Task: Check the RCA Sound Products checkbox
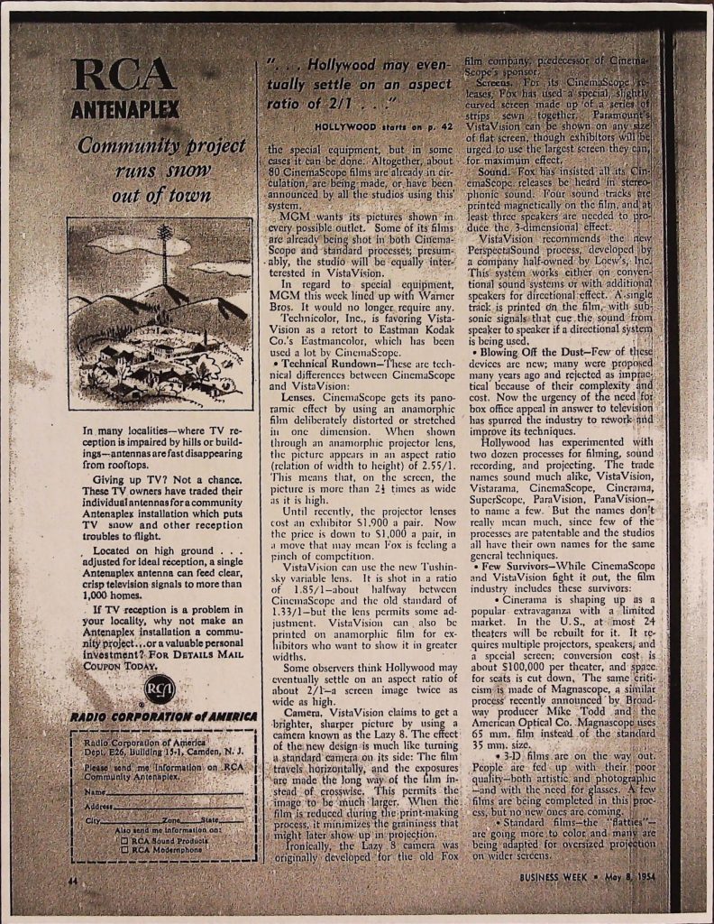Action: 124,839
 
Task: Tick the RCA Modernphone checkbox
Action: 124,849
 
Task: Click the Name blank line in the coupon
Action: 171,791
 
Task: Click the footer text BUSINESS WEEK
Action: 554,876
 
